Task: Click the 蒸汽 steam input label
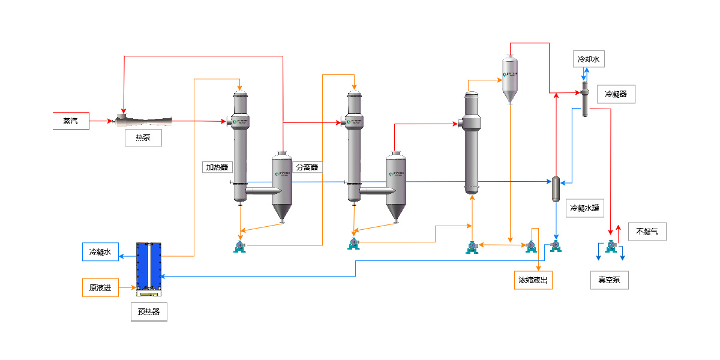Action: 71,121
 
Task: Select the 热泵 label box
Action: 143,138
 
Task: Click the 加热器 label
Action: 217,167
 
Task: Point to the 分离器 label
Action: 307,167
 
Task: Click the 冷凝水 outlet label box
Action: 100,252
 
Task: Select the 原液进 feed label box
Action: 100,287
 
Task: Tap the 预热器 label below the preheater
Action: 149,312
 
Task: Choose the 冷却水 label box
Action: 588,59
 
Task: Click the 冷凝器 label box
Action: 616,94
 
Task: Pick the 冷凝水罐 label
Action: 584,209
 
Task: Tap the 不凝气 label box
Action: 647,232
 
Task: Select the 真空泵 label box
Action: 609,280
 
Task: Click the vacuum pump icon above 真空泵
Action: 611,246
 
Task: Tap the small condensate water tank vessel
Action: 556,189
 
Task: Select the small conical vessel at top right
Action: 509,78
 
